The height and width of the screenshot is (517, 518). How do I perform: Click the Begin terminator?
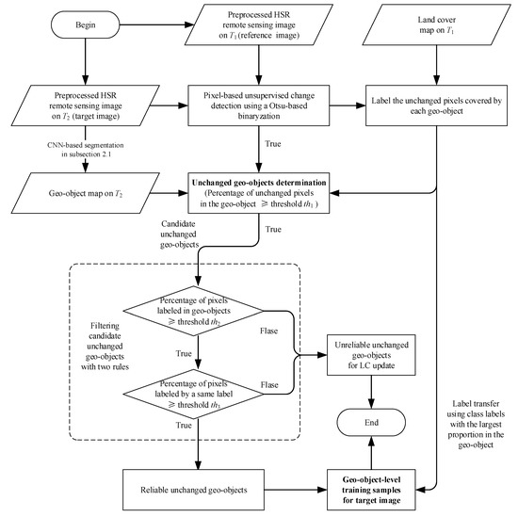(85, 24)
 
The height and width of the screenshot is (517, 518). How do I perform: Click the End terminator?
(371, 423)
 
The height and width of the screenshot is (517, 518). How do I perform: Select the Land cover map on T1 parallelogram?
(436, 24)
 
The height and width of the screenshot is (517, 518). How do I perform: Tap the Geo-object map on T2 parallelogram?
(85, 193)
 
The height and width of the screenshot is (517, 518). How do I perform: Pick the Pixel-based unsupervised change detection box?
(259, 105)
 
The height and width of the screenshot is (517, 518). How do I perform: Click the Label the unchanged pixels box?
(436, 105)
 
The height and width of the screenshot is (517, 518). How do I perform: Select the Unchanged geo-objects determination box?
(259, 193)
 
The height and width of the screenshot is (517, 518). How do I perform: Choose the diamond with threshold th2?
(193, 311)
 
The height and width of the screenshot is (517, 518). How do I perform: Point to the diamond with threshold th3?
(193, 394)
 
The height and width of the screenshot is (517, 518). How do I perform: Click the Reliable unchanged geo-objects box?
(193, 490)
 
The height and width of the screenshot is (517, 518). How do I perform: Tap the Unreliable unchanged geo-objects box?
(371, 355)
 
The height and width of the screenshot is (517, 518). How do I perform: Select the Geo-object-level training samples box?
(371, 490)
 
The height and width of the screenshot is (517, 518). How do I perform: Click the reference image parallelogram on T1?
(259, 24)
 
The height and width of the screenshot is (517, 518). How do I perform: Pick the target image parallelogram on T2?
(85, 105)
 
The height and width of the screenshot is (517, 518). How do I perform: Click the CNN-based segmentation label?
(85, 150)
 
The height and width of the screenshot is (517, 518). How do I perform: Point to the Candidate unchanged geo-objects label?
(179, 234)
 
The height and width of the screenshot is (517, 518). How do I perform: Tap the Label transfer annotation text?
(476, 424)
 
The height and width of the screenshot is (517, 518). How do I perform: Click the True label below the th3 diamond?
(184, 425)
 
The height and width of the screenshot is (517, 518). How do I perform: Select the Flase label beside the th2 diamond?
(269, 331)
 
